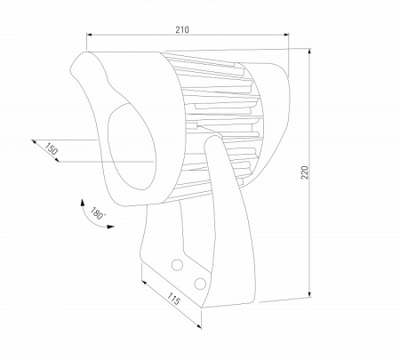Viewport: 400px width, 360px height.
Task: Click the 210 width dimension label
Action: pyautogui.click(x=181, y=29)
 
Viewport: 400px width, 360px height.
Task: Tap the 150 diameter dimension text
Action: pyautogui.click(x=51, y=152)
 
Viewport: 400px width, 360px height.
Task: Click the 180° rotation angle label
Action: pyautogui.click(x=97, y=214)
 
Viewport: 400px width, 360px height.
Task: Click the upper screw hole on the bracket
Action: pyautogui.click(x=178, y=265)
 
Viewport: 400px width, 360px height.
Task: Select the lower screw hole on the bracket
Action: pyautogui.click(x=199, y=283)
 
